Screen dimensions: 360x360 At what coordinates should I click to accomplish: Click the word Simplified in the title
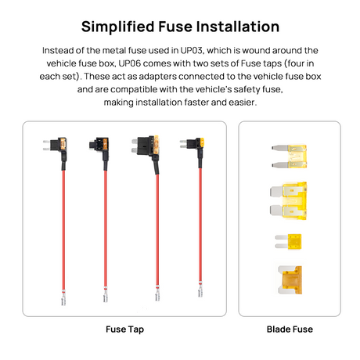[117, 27]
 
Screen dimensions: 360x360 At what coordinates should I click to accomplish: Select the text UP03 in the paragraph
[191, 50]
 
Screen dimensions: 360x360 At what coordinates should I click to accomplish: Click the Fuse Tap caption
[124, 329]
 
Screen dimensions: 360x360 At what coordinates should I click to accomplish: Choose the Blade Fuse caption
[290, 329]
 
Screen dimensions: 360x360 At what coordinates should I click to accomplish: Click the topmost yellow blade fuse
[289, 157]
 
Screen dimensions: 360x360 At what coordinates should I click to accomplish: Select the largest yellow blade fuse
[288, 200]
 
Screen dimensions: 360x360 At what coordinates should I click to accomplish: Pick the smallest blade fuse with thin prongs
[288, 241]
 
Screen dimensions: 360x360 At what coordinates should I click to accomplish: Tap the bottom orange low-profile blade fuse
[290, 280]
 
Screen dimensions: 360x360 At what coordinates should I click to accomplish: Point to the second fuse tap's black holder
[99, 144]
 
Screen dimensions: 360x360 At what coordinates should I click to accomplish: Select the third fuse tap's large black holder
[146, 146]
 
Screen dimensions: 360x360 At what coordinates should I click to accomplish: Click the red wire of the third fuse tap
[157, 230]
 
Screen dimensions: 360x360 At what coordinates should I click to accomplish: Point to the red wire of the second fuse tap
[106, 229]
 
